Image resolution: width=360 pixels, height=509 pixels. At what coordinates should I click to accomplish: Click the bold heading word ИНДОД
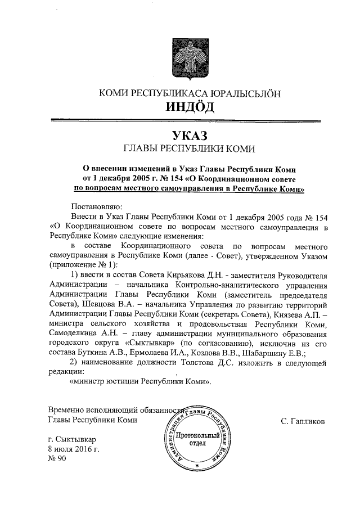tap(188, 106)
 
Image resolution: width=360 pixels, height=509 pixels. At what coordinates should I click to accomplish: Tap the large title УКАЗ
tap(188, 136)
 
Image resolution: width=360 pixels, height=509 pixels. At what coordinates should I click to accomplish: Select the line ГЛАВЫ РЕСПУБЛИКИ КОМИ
tap(188, 149)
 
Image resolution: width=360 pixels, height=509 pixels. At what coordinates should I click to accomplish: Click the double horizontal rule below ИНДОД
tap(188, 119)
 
